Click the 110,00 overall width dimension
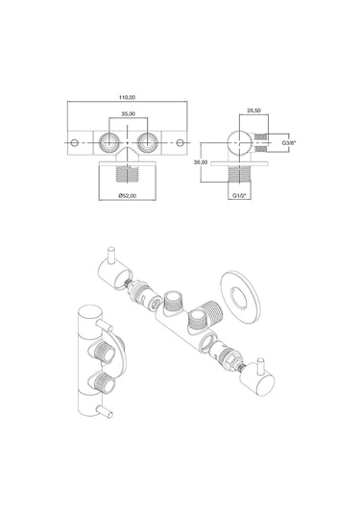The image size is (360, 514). click(x=127, y=97)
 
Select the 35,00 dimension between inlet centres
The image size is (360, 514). click(x=129, y=113)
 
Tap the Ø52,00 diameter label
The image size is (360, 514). click(x=128, y=196)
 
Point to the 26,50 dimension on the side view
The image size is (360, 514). click(x=253, y=110)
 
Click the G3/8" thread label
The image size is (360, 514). click(x=289, y=143)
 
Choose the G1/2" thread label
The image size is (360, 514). click(x=239, y=196)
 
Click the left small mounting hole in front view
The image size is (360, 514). click(x=75, y=143)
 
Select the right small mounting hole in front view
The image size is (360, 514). click(x=180, y=143)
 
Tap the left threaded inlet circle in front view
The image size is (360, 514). click(x=108, y=142)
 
